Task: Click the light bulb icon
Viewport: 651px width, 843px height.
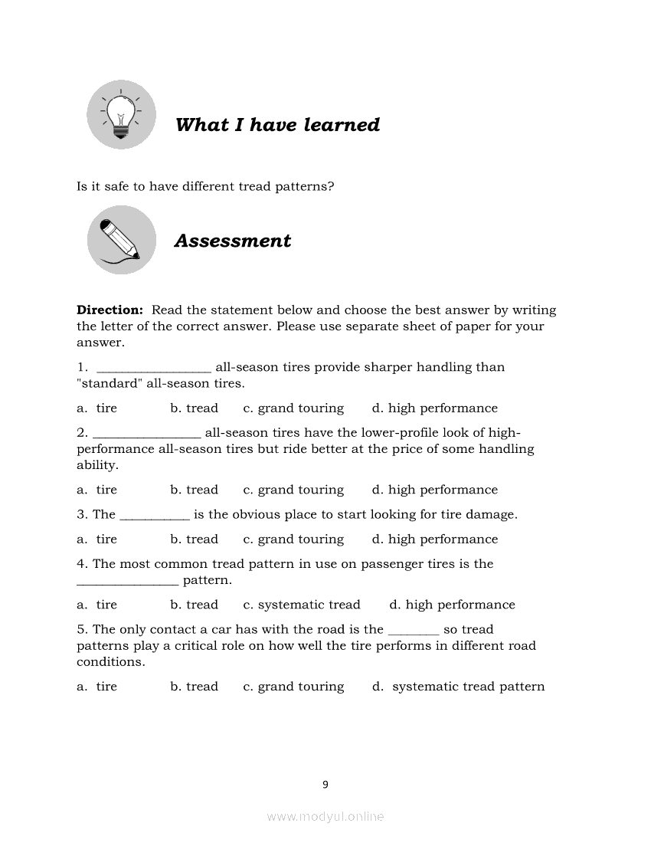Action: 121,114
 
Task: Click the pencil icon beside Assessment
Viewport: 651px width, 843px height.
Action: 121,240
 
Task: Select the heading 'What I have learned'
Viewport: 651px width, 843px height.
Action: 277,125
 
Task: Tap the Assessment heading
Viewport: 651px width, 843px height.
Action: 233,241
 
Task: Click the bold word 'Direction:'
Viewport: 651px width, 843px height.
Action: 110,310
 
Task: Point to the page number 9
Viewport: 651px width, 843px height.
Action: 325,784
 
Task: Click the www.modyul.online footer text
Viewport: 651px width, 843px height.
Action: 325,817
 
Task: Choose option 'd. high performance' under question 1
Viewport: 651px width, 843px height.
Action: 434,408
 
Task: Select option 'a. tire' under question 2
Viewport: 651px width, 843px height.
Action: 97,490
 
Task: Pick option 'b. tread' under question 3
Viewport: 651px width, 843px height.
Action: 194,540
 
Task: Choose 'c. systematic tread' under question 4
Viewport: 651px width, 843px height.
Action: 301,605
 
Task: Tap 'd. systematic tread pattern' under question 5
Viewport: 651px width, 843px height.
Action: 458,687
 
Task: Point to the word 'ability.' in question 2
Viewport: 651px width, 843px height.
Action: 97,465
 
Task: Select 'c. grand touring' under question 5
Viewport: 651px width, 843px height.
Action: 293,687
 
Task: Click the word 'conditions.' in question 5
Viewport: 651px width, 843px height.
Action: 110,662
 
